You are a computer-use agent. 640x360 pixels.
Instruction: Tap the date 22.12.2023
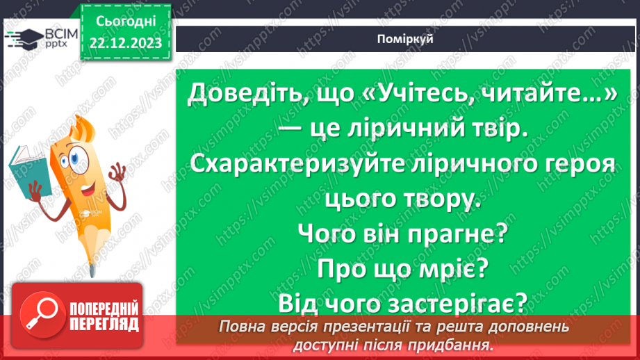tap(126, 43)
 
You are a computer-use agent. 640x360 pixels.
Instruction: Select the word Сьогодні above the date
tap(126, 21)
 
